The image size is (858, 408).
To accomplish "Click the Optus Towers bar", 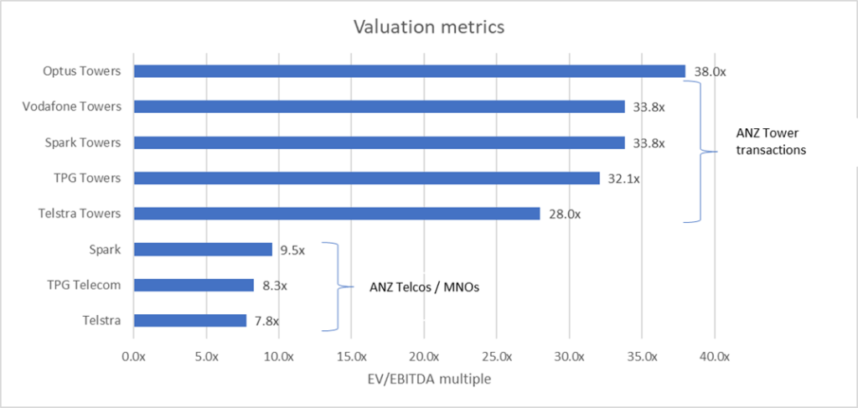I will (x=409, y=71).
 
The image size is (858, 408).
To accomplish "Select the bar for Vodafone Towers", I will (x=379, y=106).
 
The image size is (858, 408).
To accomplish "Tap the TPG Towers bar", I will (x=366, y=178).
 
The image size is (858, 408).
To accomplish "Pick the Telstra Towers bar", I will (x=337, y=214).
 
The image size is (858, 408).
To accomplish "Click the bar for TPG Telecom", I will (x=194, y=285).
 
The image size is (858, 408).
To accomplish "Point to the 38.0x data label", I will (x=710, y=72).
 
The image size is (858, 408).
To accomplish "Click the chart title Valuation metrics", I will (x=428, y=27).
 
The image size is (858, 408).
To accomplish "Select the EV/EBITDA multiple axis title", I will (x=424, y=379).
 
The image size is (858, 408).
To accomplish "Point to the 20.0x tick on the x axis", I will (x=424, y=356).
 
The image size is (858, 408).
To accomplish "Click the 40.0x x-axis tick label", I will (x=715, y=356).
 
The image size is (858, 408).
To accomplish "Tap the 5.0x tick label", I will (x=206, y=356).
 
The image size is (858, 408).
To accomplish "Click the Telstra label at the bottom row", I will (x=104, y=320).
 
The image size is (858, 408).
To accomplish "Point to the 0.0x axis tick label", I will (x=134, y=356).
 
